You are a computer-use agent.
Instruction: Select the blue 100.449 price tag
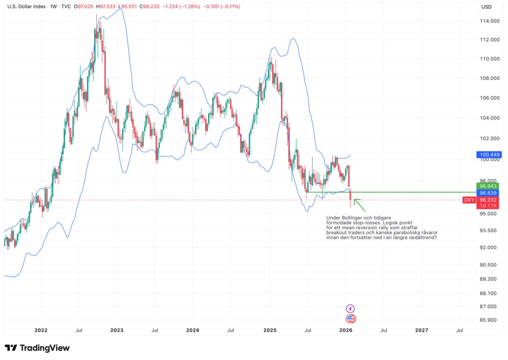[488, 155]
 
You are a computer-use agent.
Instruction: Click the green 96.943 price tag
[488, 186]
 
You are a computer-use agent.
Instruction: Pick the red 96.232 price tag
[488, 200]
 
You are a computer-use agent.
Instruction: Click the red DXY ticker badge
[469, 200]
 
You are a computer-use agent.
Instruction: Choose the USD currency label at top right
[486, 7]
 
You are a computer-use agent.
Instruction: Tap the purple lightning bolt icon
[350, 308]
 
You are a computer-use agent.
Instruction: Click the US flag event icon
[350, 319]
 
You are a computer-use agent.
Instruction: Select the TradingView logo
[37, 348]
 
